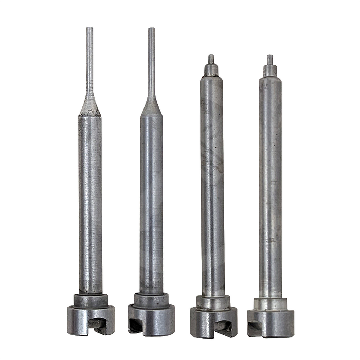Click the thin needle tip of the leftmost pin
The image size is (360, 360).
(89, 57)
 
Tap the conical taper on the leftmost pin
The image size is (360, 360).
(90, 105)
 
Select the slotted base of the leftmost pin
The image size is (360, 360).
(91, 320)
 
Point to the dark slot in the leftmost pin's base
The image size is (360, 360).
(98, 324)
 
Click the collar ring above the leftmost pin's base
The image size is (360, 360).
(91, 300)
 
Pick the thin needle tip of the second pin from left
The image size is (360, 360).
(151, 57)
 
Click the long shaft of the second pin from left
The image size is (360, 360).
(151, 206)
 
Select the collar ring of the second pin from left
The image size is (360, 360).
(151, 300)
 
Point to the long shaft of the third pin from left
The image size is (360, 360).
(212, 185)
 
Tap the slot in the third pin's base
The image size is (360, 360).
(222, 325)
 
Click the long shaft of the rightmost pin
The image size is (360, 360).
(270, 185)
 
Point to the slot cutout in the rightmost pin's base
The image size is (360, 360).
(254, 326)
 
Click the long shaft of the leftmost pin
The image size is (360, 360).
(90, 206)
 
